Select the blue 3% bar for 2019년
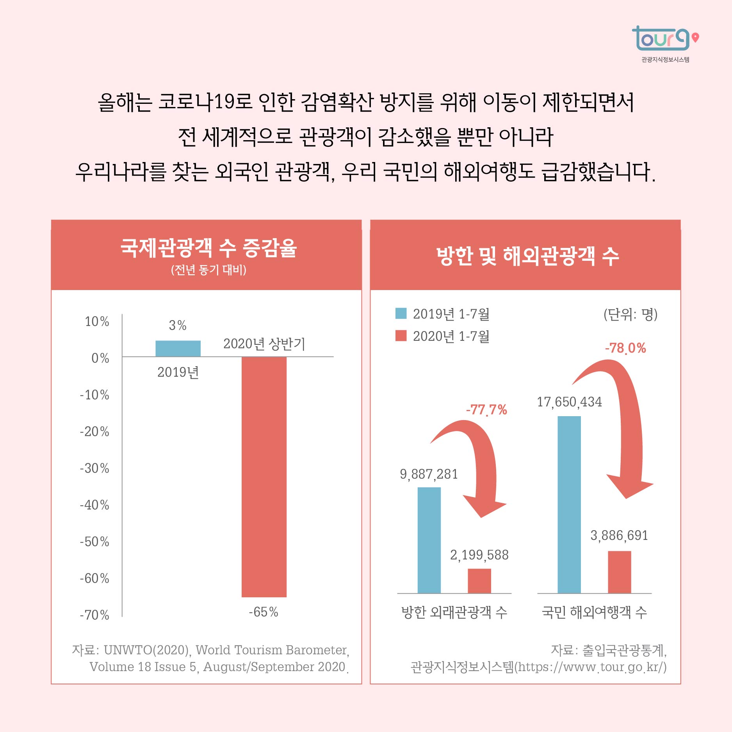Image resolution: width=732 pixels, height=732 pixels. [178, 348]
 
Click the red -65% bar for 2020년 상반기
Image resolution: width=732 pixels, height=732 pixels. [264, 476]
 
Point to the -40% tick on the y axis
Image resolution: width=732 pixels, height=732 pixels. [94, 505]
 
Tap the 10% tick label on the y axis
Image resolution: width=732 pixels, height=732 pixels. [97, 321]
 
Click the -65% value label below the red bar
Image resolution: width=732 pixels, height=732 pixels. [264, 612]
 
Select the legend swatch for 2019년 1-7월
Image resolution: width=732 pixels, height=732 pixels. [401, 313]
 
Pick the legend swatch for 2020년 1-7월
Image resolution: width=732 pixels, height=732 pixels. [401, 336]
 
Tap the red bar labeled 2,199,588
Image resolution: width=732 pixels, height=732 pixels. [479, 581]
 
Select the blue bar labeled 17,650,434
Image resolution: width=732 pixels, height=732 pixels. [569, 504]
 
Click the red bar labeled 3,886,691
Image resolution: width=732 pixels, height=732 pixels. [619, 572]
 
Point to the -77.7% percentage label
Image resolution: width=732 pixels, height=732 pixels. [486, 410]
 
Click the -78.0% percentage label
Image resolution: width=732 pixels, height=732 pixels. [625, 348]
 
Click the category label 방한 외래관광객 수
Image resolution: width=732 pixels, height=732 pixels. [454, 612]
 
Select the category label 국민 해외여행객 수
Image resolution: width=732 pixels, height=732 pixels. [594, 612]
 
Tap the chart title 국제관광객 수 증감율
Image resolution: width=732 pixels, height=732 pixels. [208, 248]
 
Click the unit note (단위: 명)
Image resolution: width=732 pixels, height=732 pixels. [630, 314]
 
